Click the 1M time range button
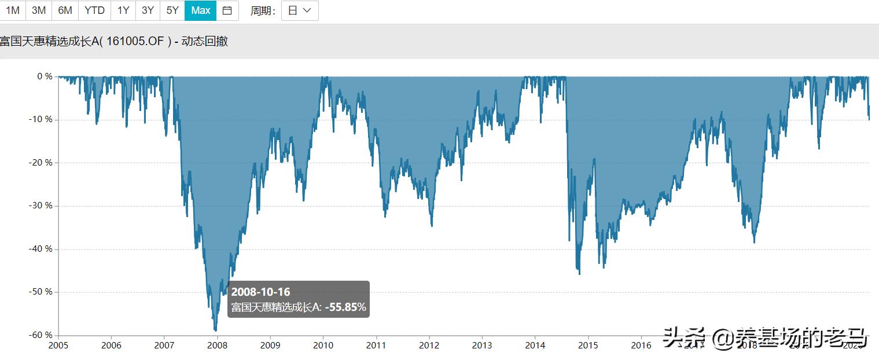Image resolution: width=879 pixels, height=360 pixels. [12, 10]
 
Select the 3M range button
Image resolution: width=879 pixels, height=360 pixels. [39, 10]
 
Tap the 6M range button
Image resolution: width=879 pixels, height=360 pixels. [65, 10]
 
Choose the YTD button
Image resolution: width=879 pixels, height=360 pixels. [94, 10]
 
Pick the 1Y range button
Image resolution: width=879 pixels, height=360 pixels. [123, 10]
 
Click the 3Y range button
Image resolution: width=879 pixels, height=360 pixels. [148, 10]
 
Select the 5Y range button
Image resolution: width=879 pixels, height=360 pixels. [172, 10]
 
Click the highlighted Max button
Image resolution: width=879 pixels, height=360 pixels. [201, 10]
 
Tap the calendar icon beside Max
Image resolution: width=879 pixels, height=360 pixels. [227, 10]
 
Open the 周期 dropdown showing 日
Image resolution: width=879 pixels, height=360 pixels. [300, 10]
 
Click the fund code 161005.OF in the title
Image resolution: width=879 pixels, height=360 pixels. [139, 41]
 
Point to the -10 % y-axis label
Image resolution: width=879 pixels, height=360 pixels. [41, 119]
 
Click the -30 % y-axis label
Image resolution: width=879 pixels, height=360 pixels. [41, 205]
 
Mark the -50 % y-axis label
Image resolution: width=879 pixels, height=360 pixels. [41, 292]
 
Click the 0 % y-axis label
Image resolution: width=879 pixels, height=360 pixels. [45, 76]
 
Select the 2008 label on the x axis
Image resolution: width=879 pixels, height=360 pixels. [217, 346]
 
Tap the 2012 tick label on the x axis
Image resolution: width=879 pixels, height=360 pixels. [429, 346]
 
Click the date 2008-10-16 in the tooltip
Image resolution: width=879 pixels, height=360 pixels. [260, 292]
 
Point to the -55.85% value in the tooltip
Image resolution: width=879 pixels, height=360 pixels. [345, 307]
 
